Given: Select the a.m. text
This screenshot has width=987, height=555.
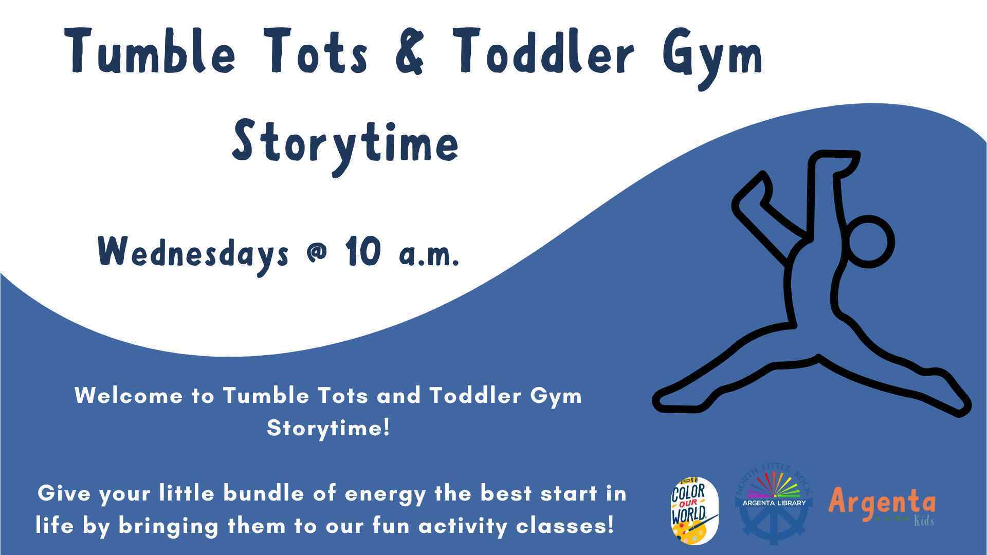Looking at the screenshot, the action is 429,254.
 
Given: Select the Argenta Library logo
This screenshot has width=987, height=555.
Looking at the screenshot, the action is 774,506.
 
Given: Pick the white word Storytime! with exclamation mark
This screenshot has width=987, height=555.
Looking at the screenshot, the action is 328,428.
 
